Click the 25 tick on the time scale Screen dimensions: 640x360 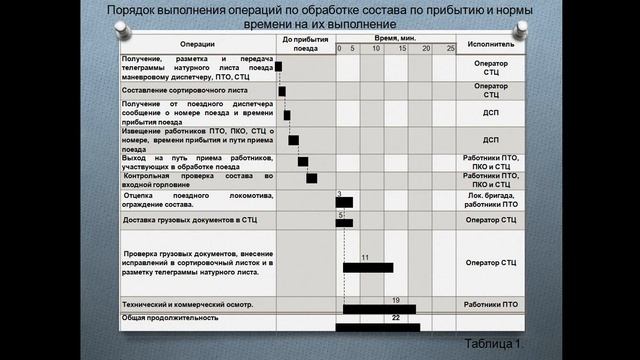pyautogui.click(x=450, y=49)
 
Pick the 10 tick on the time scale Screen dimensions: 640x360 pyautogui.click(x=376, y=49)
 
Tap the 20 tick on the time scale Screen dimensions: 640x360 pyautogui.click(x=426, y=49)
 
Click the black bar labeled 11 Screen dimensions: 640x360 pyautogui.click(x=367, y=267)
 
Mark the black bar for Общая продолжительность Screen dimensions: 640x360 pyautogui.click(x=377, y=325)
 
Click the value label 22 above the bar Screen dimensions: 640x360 pyautogui.click(x=396, y=317)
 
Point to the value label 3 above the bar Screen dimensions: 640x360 pyautogui.click(x=340, y=192)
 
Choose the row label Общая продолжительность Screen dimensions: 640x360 pyautogui.click(x=170, y=317)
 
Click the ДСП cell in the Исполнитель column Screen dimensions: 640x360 pyautogui.click(x=491, y=113)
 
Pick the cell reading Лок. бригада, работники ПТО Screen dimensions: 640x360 pyautogui.click(x=491, y=200)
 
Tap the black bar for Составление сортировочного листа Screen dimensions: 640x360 pyautogui.click(x=282, y=91)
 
